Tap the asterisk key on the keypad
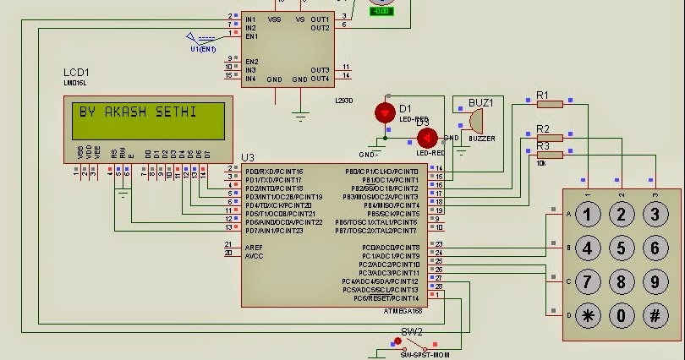coord(589,316)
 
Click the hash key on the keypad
coord(654,316)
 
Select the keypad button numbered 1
coord(589,214)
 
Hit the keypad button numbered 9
coord(654,281)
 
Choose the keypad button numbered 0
coord(622,316)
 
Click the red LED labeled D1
coord(385,112)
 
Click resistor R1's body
coord(550,104)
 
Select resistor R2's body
coord(550,138)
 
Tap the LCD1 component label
coord(76,74)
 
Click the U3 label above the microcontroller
coord(247,157)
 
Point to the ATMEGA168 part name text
coord(401,311)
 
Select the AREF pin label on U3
coord(254,247)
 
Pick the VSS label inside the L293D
coord(274,18)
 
